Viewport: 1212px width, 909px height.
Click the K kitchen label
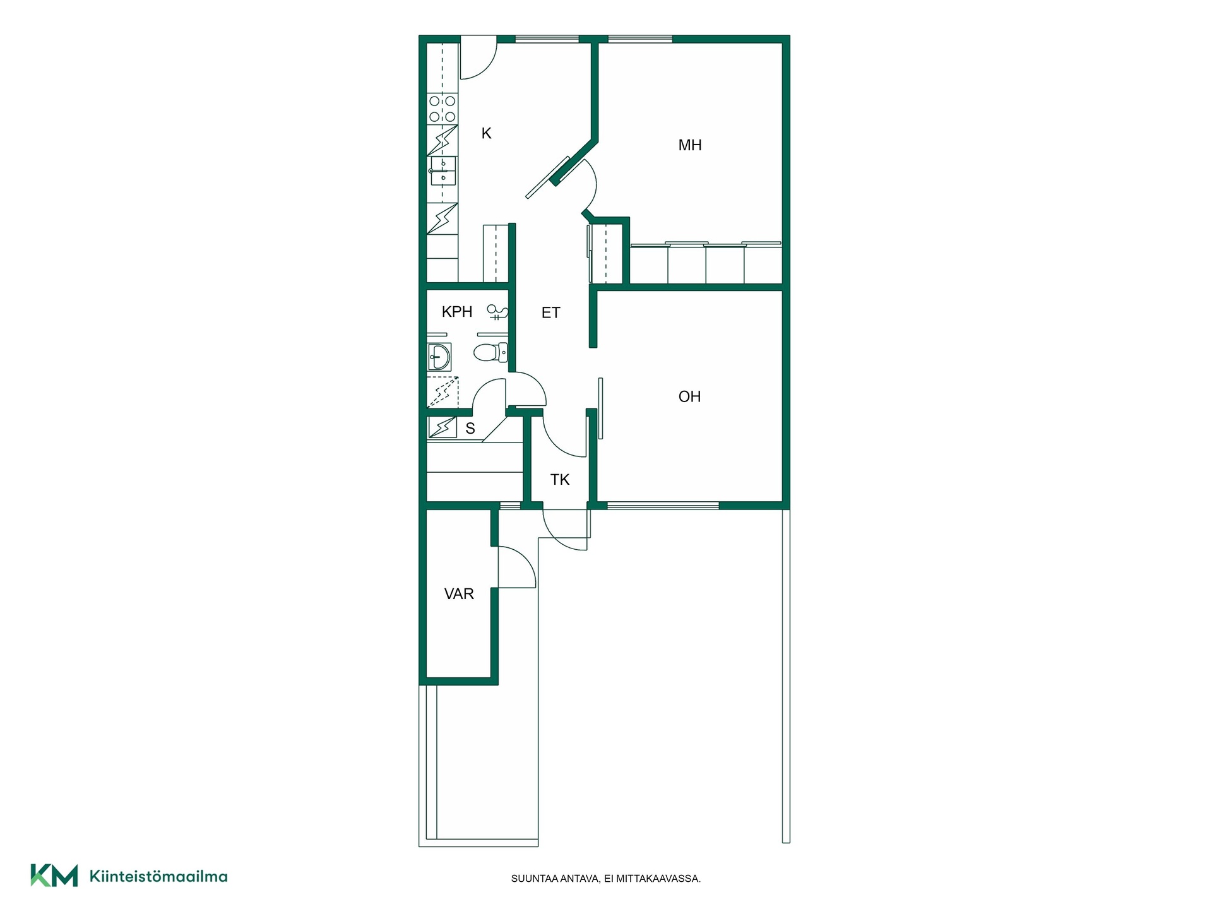tap(486, 133)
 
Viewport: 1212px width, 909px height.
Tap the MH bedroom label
tap(690, 145)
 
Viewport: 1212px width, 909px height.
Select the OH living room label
tap(689, 396)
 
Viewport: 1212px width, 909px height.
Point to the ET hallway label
tap(550, 312)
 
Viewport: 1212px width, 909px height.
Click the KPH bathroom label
tap(457, 311)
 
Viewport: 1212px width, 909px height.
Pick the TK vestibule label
tap(560, 480)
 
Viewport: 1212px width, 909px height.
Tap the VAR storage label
tap(459, 594)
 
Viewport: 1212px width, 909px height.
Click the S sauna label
tap(470, 429)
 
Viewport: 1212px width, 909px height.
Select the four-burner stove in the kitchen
tap(443, 109)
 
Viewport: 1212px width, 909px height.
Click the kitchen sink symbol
tap(443, 170)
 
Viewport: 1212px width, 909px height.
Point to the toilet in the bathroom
tap(490, 352)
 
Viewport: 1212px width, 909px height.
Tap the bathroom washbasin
tap(439, 357)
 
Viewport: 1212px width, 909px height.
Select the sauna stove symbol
tap(443, 427)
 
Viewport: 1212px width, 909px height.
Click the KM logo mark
tap(54, 876)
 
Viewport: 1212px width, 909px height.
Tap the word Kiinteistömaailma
tap(158, 876)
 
